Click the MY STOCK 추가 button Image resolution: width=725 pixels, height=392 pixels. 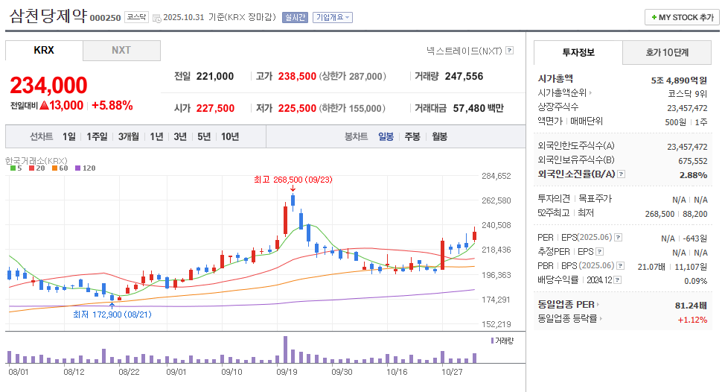[x=682, y=17]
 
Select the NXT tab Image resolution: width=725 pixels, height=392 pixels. [x=121, y=50]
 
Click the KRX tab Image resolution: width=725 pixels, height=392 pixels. [x=44, y=50]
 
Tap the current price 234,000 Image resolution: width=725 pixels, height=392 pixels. [x=49, y=86]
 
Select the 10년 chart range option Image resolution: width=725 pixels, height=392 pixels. [x=230, y=136]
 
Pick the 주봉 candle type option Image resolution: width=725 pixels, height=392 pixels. [x=412, y=136]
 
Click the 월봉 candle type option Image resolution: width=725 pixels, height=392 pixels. [x=439, y=136]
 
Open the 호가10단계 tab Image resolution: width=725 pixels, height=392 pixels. [x=667, y=52]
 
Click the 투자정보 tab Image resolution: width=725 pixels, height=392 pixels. [x=578, y=52]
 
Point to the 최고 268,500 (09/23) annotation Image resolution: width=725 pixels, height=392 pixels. [x=293, y=180]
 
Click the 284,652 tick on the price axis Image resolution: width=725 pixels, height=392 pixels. [x=496, y=176]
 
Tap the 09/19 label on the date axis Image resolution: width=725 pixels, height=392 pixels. [x=287, y=370]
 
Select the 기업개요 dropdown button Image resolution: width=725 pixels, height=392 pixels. [x=332, y=17]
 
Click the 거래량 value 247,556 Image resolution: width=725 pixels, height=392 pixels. [x=464, y=76]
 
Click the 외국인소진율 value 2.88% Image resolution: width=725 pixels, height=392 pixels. [x=693, y=174]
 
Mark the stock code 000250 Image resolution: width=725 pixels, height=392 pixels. [x=105, y=18]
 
